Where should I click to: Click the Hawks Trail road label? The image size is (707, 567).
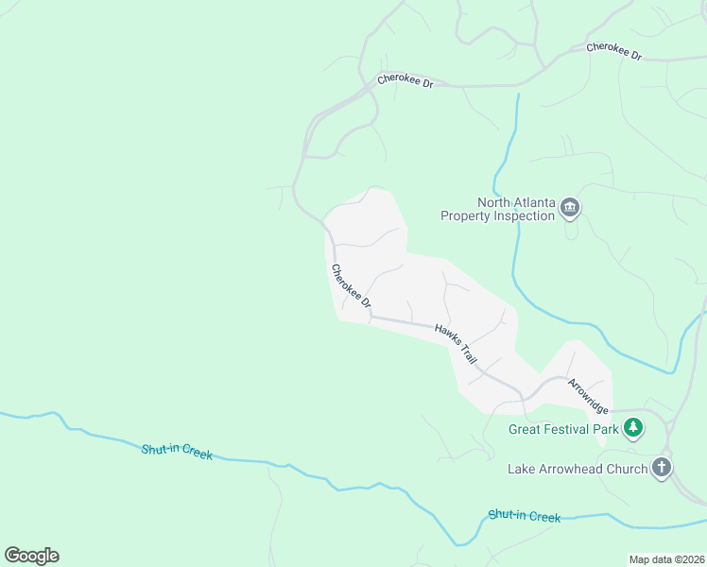coord(456,345)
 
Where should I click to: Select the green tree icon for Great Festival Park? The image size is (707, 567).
coord(633,429)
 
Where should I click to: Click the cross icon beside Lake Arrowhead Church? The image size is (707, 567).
coord(662,468)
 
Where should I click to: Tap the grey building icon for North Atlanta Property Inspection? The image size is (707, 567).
coord(570,208)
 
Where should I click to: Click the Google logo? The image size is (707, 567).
coord(31,556)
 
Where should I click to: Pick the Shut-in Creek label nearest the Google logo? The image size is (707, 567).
coord(177,453)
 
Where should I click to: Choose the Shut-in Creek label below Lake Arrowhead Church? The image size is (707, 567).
coord(525,516)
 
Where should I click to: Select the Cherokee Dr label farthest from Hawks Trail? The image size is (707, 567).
coord(613,51)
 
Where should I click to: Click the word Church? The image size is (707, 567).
coord(628,469)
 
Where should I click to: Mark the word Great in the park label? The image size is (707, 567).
coord(526,429)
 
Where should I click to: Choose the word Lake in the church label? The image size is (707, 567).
coord(523,469)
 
